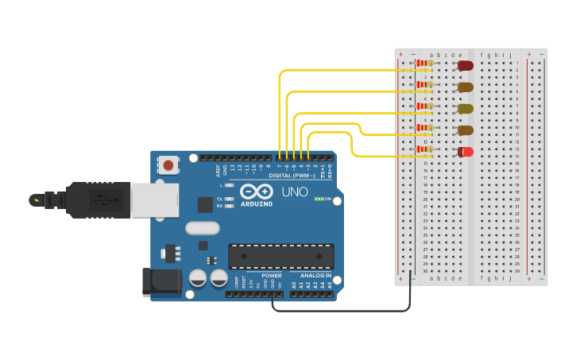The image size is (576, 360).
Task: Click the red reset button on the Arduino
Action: (x=168, y=165)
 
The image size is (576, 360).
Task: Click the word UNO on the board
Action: (x=296, y=192)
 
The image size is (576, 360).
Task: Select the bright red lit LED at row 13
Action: (x=466, y=151)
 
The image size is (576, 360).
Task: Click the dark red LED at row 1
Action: (x=466, y=65)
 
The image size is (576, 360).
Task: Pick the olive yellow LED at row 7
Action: (x=466, y=108)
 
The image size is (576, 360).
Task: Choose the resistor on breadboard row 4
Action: (x=426, y=84)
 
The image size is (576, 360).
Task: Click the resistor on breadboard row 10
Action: (x=426, y=127)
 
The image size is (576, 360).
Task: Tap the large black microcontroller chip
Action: (x=281, y=256)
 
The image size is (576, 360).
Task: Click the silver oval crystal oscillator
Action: (x=202, y=228)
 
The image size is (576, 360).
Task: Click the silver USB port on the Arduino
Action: (x=154, y=199)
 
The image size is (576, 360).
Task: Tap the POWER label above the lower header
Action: (x=271, y=276)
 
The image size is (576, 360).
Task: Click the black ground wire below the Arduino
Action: (x=342, y=311)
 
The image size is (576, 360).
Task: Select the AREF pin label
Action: (x=218, y=168)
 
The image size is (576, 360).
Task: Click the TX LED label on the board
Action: (x=219, y=199)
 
